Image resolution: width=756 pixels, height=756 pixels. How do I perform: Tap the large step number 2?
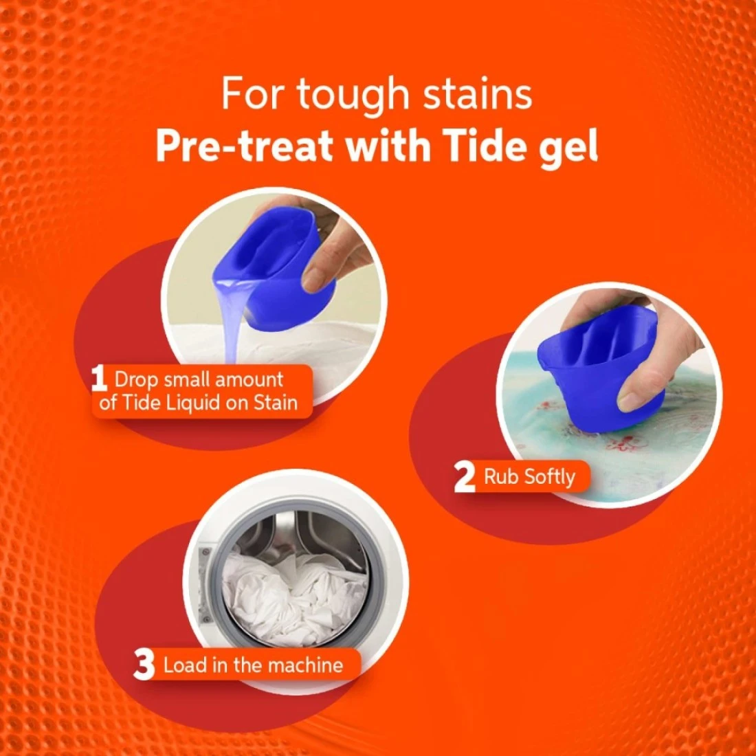pyautogui.click(x=465, y=477)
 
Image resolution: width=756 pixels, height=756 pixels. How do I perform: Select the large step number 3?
pyautogui.click(x=144, y=665)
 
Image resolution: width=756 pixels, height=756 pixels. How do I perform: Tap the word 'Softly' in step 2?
pyautogui.click(x=550, y=478)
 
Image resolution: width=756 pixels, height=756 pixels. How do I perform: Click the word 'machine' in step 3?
pyautogui.click(x=305, y=665)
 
